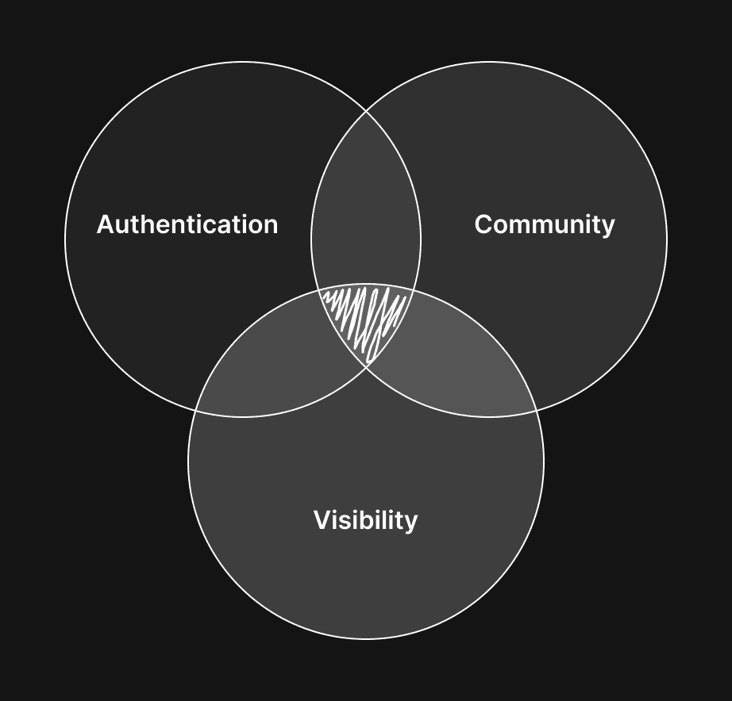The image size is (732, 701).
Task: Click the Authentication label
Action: tap(187, 224)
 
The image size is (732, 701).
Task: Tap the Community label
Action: tap(545, 224)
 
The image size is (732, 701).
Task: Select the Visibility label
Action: tap(365, 521)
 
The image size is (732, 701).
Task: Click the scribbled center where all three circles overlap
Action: tap(366, 317)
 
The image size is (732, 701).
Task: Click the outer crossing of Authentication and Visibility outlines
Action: tap(196, 411)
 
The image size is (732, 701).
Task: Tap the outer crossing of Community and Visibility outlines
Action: tap(536, 411)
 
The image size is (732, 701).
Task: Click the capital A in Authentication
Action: tap(105, 224)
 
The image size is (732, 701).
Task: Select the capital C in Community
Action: tap(483, 224)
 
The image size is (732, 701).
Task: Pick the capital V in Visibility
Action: tap(322, 521)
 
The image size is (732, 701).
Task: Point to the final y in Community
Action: tap(607, 227)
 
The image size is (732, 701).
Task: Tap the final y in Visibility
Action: tap(410, 523)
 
